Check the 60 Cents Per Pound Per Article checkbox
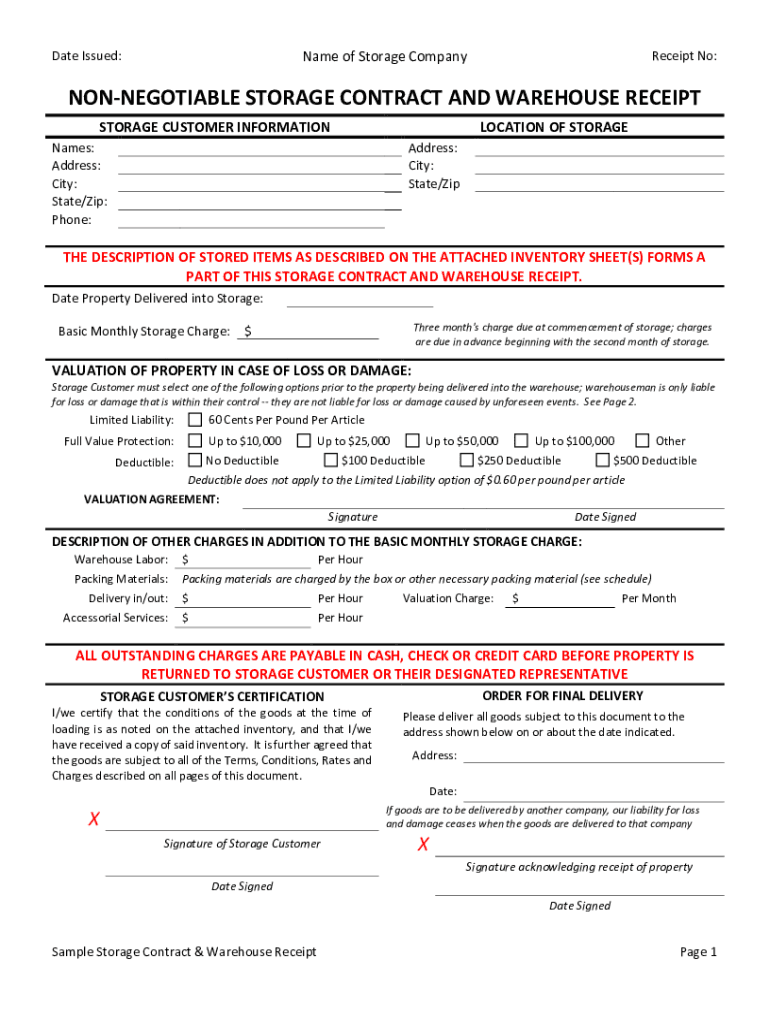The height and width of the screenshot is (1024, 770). click(195, 420)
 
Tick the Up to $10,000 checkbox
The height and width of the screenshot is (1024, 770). click(195, 441)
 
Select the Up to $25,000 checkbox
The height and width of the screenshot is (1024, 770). click(304, 441)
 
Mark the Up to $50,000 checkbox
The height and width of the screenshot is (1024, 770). click(412, 441)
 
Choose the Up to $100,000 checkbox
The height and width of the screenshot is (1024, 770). click(521, 441)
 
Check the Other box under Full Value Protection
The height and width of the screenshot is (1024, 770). click(642, 441)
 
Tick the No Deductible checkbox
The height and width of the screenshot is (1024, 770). click(195, 461)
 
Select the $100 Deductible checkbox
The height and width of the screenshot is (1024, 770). click(331, 461)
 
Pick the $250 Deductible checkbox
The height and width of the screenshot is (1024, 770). click(466, 461)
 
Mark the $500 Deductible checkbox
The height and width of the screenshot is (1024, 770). click(602, 461)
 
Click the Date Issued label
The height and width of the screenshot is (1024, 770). click(87, 56)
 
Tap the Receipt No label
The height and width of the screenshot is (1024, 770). click(684, 56)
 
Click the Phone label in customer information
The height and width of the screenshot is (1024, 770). click(72, 220)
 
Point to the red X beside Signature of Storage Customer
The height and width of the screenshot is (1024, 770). click(94, 820)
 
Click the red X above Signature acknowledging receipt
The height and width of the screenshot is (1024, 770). click(423, 845)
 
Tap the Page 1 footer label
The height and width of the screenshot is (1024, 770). click(698, 952)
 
